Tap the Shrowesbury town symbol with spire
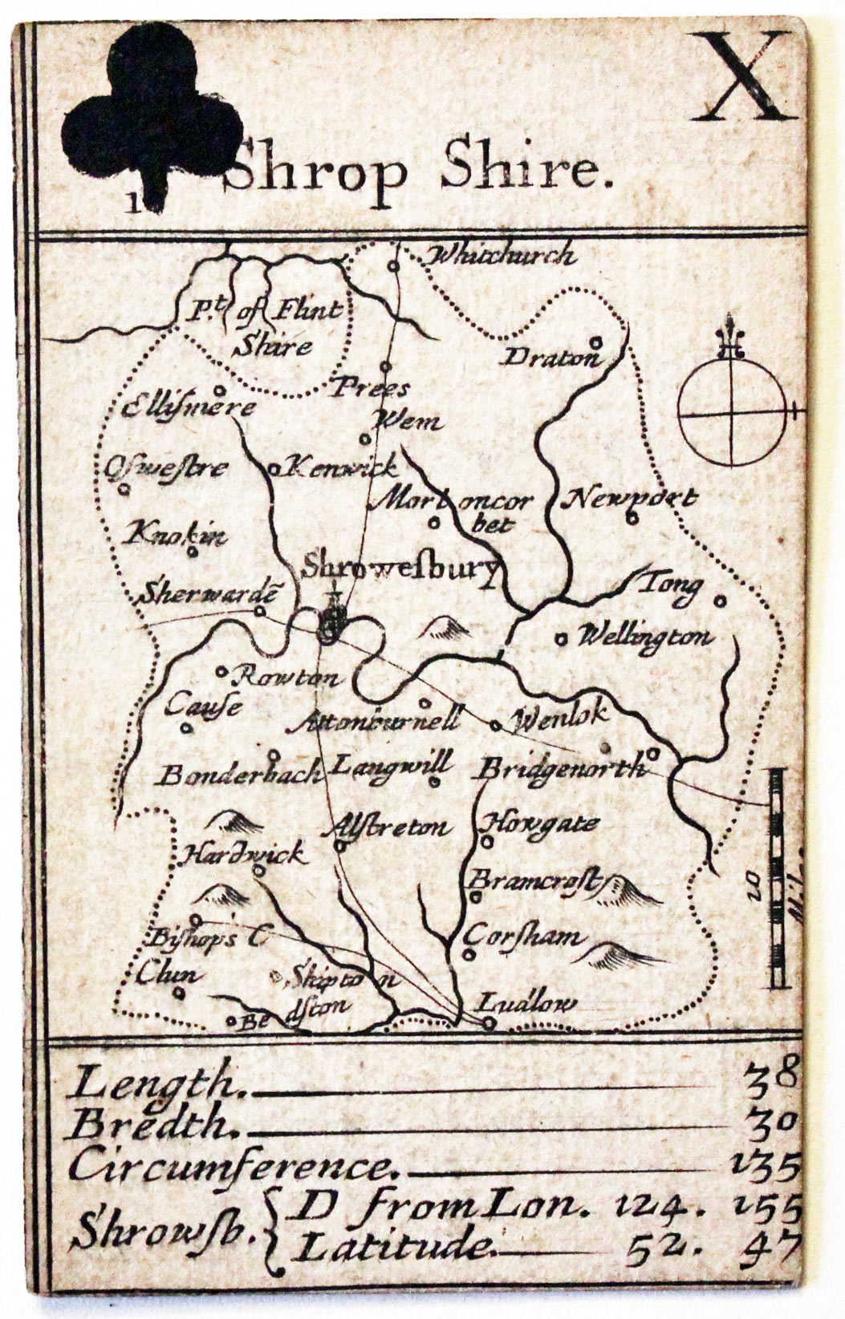(331, 618)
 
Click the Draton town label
(551, 357)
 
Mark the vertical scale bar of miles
(777, 878)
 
